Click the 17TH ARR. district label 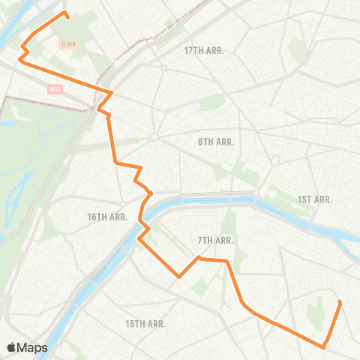pyautogui.click(x=205, y=50)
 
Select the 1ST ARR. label pyautogui.click(x=315, y=199)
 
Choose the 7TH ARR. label pyautogui.click(x=216, y=241)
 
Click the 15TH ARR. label pyautogui.click(x=145, y=323)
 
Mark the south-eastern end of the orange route pyautogui.click(x=340, y=302)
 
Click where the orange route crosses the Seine pyautogui.click(x=144, y=212)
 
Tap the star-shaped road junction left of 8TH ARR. pyautogui.click(x=154, y=136)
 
